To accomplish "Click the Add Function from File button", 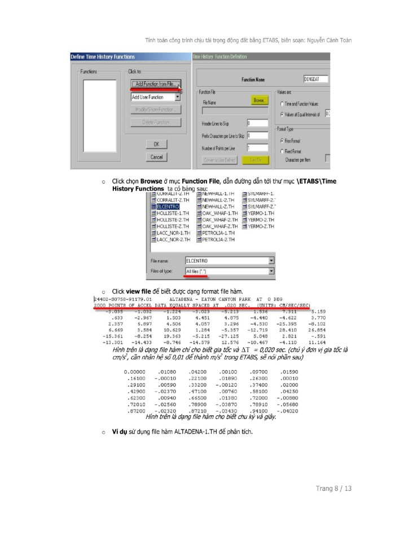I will coord(154,84).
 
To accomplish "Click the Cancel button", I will coord(156,157).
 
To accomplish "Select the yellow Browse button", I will coord(258,100).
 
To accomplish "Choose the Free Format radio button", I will coord(281,140).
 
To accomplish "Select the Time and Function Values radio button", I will coord(282,104).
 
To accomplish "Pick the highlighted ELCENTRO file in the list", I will coord(169,207).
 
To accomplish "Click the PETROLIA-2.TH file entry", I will coord(217,238).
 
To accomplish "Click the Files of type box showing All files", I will coord(229,271).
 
